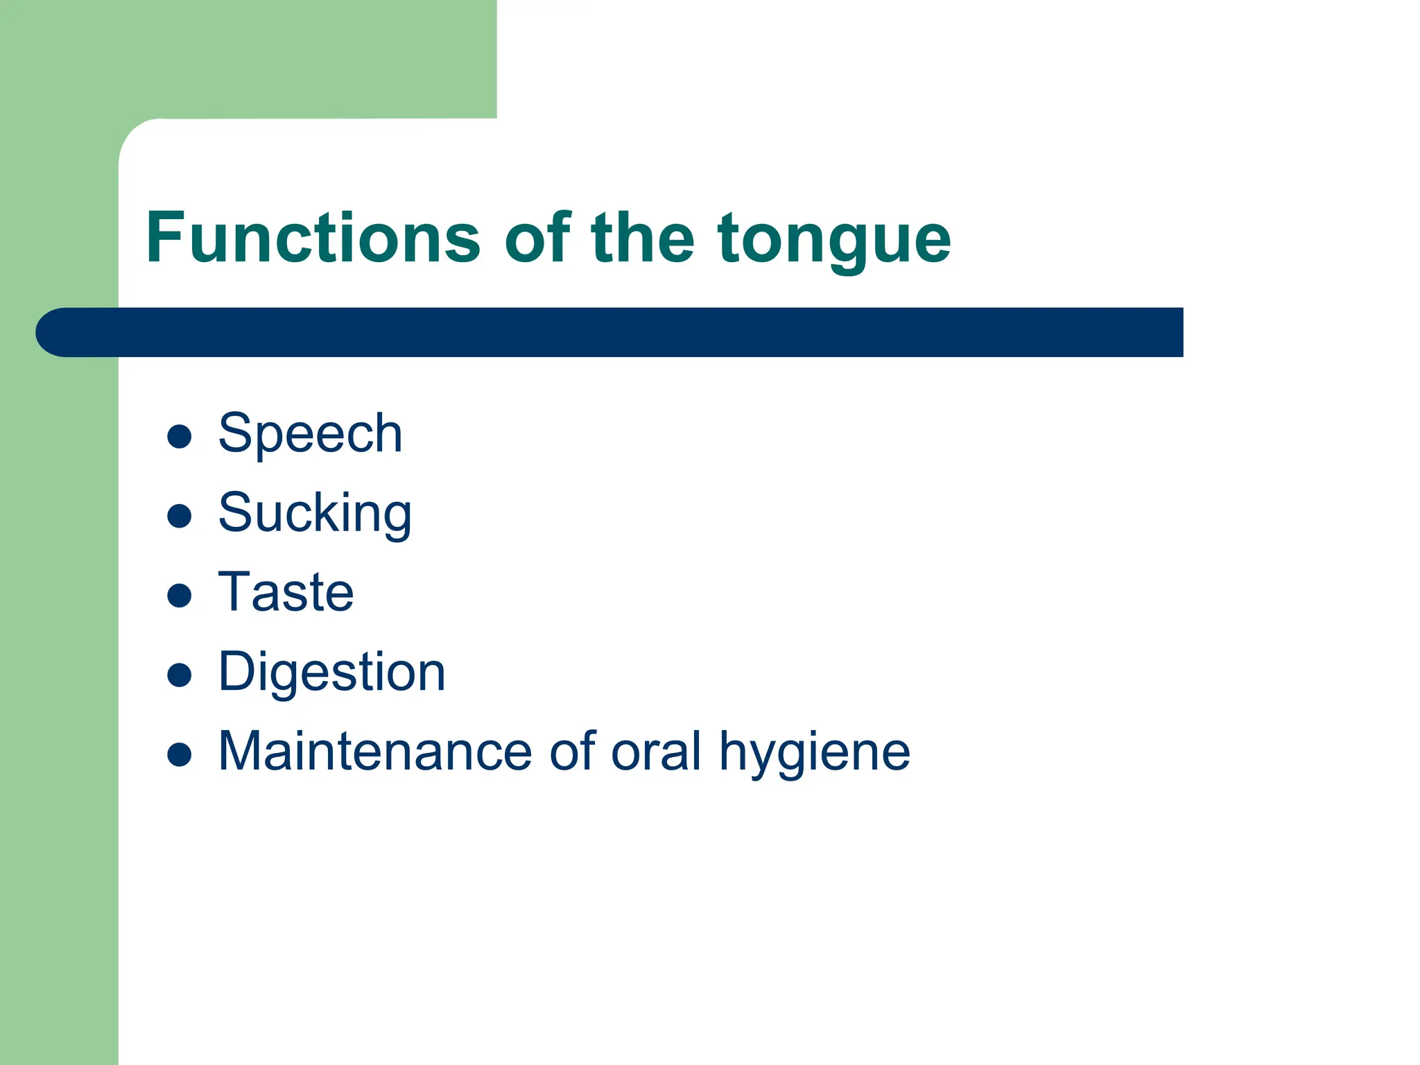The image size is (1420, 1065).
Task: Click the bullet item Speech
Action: point(310,434)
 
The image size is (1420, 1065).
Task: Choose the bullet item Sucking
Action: point(315,514)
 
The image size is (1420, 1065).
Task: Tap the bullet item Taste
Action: point(286,593)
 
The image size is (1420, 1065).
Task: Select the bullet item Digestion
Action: point(331,673)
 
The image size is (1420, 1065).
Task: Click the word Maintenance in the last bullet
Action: point(375,752)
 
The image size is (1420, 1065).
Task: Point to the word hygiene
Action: point(814,753)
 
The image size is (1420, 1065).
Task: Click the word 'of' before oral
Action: point(572,752)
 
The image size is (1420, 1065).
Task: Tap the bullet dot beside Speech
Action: point(180,437)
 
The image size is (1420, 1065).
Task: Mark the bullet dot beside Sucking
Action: point(180,516)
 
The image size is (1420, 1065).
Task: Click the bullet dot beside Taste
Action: point(180,596)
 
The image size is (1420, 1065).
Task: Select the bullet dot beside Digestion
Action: point(180,675)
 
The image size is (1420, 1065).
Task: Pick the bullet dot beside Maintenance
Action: point(180,754)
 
